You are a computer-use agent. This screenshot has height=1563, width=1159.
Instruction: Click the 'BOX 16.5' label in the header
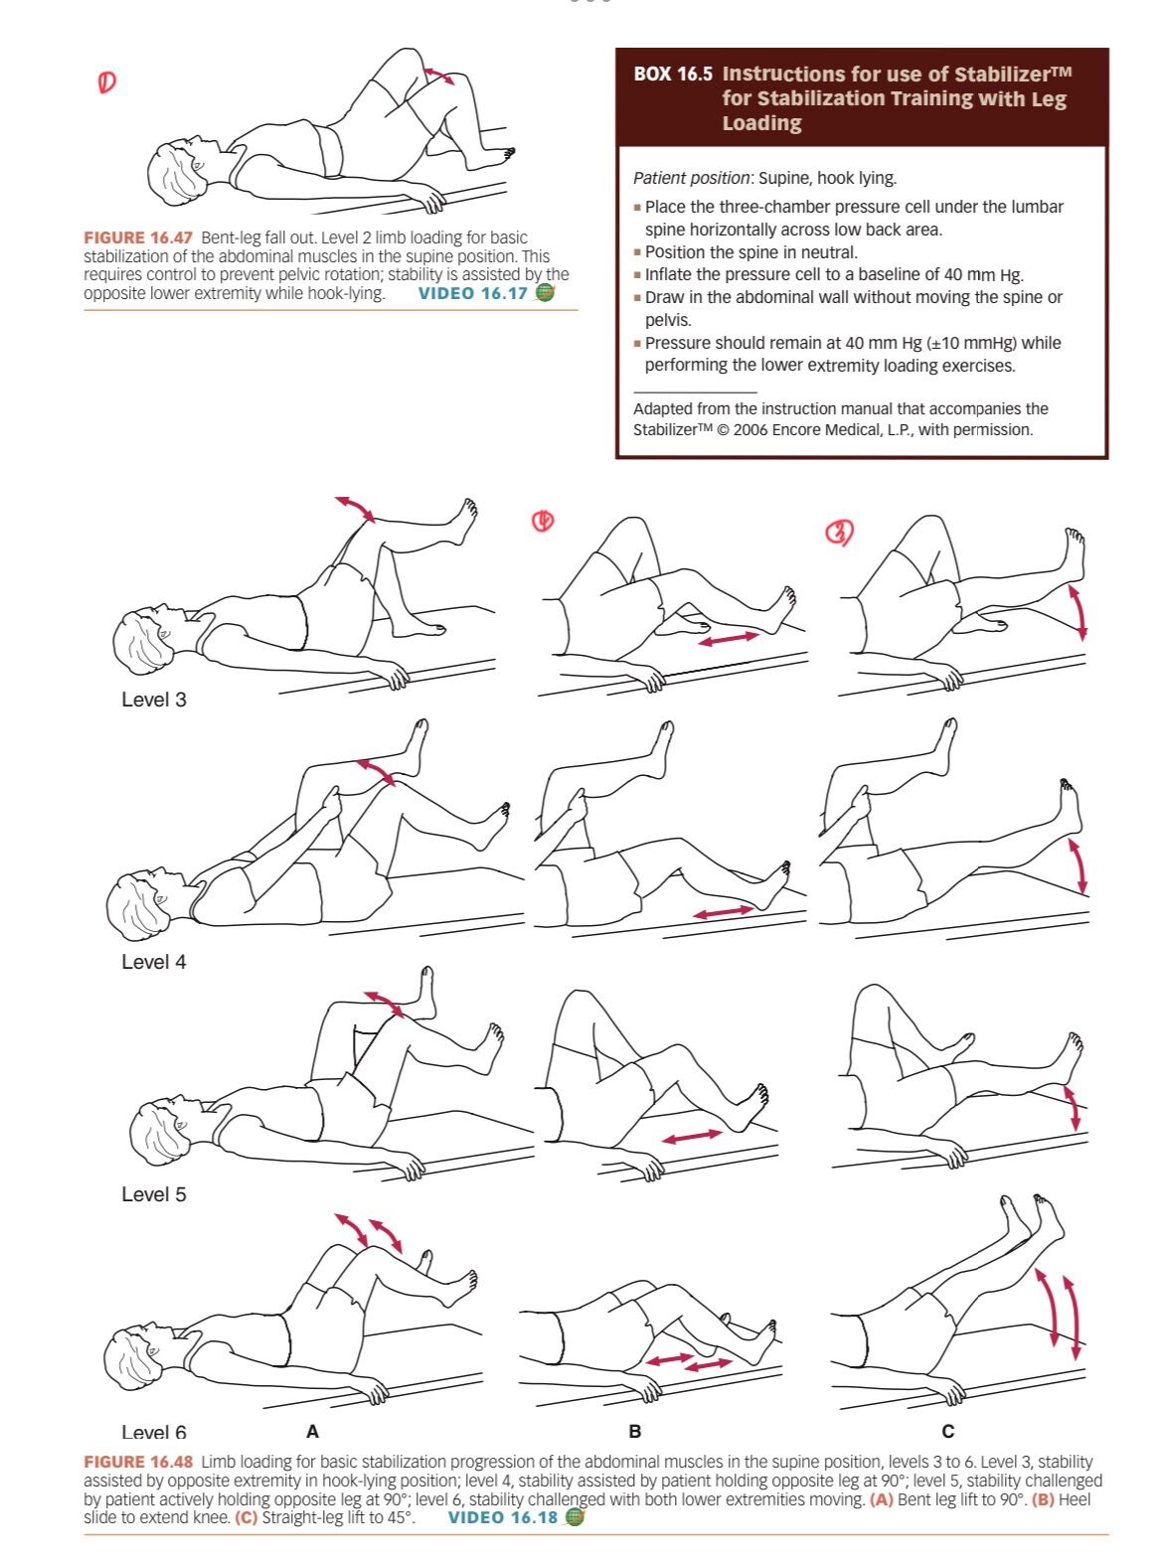click(x=673, y=74)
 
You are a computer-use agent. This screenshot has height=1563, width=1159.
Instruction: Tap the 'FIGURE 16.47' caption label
click(x=137, y=237)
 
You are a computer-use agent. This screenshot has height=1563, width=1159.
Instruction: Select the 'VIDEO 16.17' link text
click(x=473, y=293)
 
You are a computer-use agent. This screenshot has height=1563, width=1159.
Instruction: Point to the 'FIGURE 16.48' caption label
click(x=137, y=1463)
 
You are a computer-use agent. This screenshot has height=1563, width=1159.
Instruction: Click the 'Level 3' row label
click(x=154, y=700)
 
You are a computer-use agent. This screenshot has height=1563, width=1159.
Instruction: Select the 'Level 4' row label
click(x=154, y=962)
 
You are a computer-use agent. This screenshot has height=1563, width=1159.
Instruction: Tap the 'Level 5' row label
click(x=154, y=1194)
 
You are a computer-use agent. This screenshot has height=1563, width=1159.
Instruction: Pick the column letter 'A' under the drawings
click(x=312, y=1431)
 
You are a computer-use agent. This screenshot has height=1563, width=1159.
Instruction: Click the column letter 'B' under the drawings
click(x=634, y=1431)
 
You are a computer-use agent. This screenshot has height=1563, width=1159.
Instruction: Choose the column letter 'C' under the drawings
click(x=947, y=1431)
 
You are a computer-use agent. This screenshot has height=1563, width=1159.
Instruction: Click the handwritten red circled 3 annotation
click(x=839, y=533)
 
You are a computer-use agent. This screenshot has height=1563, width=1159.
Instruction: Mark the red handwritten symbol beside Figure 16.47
click(x=106, y=83)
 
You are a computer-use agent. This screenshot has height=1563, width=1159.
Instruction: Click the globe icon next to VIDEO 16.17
click(x=545, y=292)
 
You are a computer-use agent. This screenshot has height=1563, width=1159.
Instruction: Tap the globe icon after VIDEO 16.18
click(x=576, y=1517)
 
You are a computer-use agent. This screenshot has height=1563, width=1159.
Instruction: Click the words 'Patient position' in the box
click(x=691, y=178)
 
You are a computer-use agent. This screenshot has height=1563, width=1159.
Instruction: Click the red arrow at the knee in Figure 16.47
click(x=439, y=76)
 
